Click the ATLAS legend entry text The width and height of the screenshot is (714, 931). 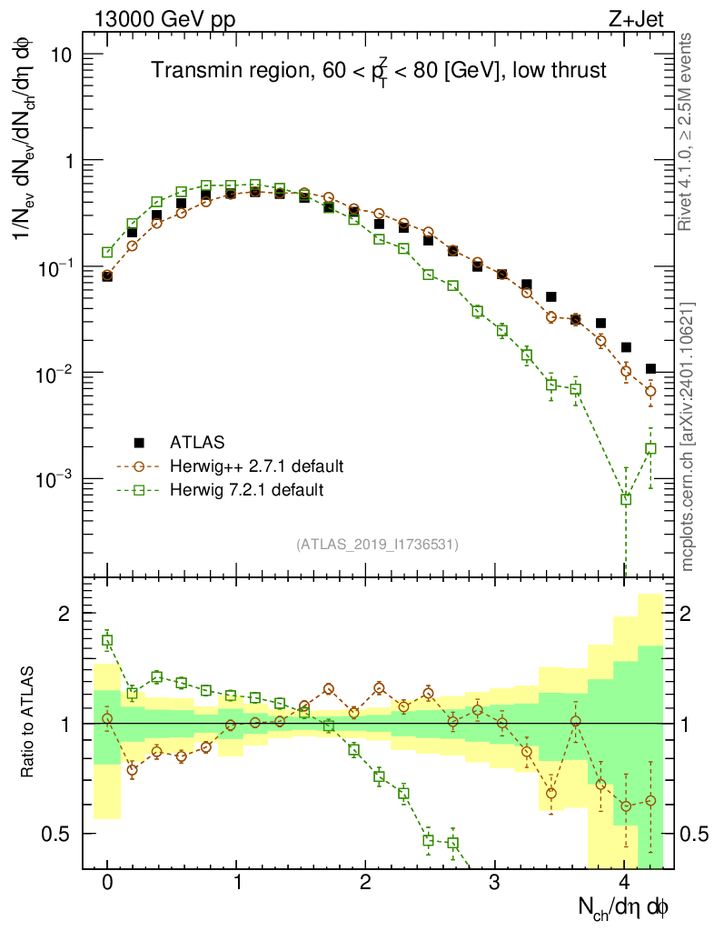196,443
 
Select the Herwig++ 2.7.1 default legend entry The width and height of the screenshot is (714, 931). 256,466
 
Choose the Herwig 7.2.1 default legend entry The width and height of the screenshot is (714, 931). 247,490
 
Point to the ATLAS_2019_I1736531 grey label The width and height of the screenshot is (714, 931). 377,545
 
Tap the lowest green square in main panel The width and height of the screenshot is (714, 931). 625,499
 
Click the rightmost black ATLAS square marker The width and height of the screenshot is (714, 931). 650,368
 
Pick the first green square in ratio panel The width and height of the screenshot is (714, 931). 107,641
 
